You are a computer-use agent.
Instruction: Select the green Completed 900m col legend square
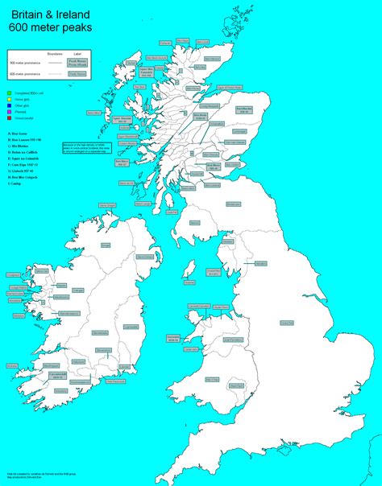point(7,94)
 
